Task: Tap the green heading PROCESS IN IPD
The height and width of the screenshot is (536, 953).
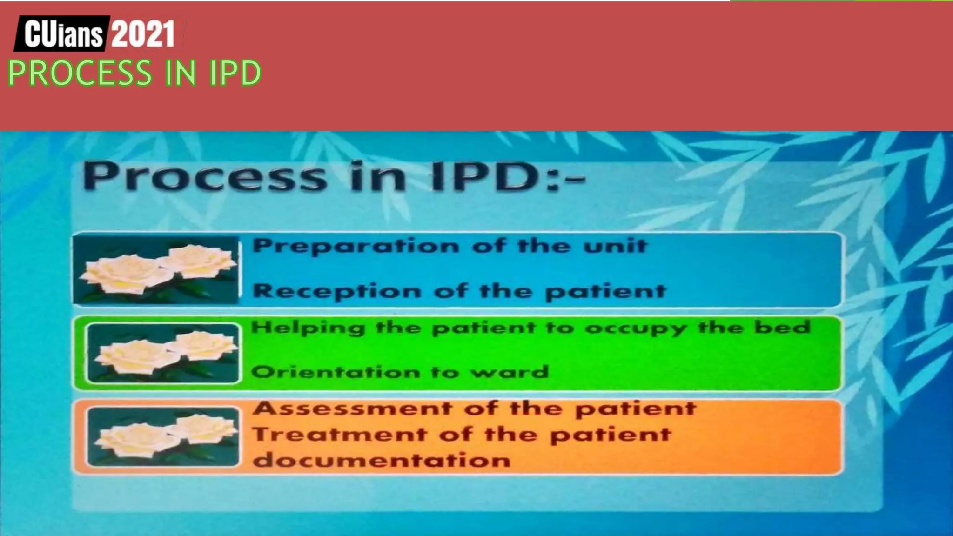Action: tap(134, 73)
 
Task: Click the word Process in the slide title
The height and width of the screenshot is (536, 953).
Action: tap(205, 177)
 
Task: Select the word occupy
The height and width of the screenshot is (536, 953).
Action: tap(636, 329)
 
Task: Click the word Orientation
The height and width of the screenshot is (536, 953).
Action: tap(336, 372)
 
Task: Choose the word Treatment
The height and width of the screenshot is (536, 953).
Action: tap(339, 435)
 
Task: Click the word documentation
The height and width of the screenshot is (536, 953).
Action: tap(382, 461)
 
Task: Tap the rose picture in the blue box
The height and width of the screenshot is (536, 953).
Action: tap(157, 270)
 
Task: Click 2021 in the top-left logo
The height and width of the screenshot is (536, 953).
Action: tap(143, 33)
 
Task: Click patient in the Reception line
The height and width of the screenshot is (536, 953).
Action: tap(605, 292)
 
